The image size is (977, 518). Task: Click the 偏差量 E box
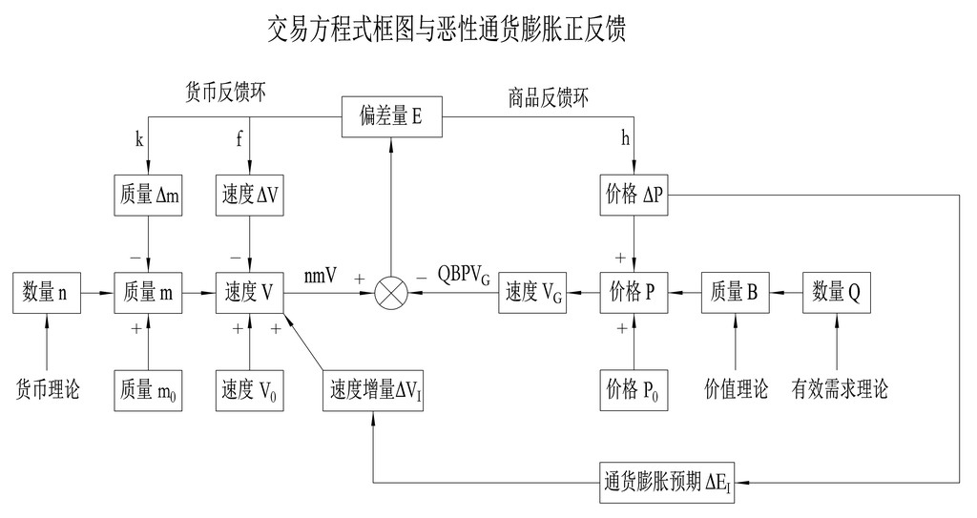391,116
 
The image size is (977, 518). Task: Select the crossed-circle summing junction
391,293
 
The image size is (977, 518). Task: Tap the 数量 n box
47,293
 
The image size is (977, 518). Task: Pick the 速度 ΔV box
249,195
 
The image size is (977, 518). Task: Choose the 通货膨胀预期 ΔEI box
666,481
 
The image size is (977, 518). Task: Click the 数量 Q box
837,293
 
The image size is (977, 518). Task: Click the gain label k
139,140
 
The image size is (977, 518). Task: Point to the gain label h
626,140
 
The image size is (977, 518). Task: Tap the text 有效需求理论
840,388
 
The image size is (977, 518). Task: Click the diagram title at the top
447,30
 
